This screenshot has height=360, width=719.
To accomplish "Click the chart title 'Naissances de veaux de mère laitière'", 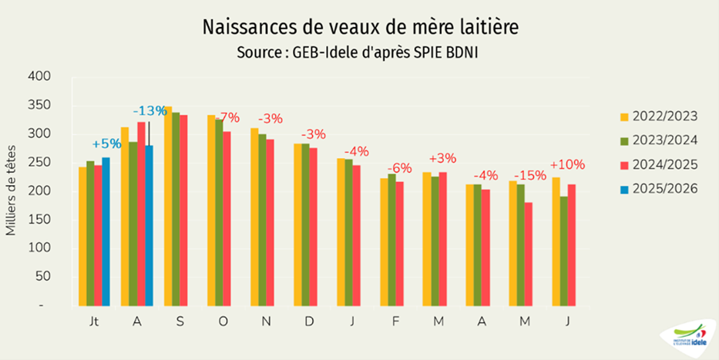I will coord(360,27).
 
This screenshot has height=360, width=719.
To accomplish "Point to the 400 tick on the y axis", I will coord(39,76).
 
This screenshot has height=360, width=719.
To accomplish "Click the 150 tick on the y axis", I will coord(39,220).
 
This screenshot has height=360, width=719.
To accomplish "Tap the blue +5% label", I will coord(106,143).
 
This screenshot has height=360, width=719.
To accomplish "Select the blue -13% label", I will coord(149,110).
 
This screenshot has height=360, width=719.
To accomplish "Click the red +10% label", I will coord(567,164).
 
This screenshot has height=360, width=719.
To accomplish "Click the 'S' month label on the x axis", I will coord(180,320).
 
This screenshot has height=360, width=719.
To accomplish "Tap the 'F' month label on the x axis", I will coord(395,320).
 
